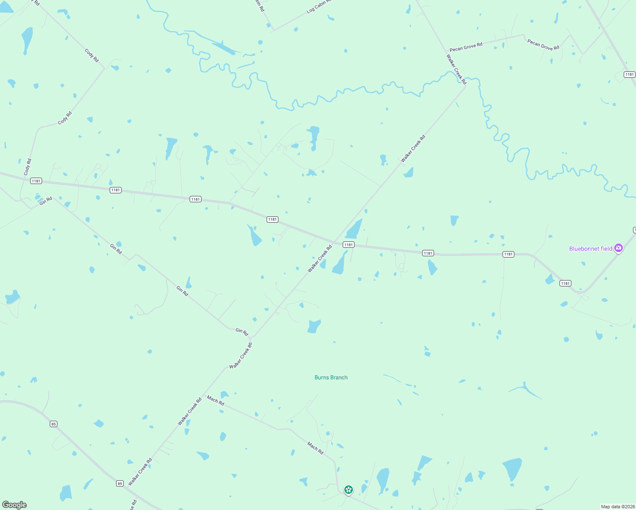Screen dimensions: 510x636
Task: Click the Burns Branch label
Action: [x=331, y=377]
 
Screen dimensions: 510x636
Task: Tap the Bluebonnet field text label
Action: [x=591, y=249]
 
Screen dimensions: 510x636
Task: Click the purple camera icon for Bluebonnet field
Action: [x=619, y=248]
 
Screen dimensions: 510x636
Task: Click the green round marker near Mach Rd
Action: [x=349, y=490]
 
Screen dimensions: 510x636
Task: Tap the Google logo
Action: [x=14, y=505]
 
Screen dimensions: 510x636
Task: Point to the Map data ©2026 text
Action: [x=618, y=507]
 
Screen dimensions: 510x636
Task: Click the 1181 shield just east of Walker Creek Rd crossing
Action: [x=348, y=244]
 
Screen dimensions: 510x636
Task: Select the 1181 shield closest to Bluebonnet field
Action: [x=565, y=283]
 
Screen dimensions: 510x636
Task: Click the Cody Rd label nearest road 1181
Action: [x=28, y=167]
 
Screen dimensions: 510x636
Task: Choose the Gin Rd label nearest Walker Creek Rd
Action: [x=241, y=331]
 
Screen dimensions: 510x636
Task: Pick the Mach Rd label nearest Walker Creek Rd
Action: [x=216, y=400]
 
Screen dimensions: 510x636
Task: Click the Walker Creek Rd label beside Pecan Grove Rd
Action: [x=456, y=69]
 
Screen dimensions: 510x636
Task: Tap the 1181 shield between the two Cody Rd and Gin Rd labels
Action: [x=36, y=181]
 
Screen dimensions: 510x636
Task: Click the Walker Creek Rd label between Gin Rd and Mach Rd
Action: [x=241, y=356]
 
